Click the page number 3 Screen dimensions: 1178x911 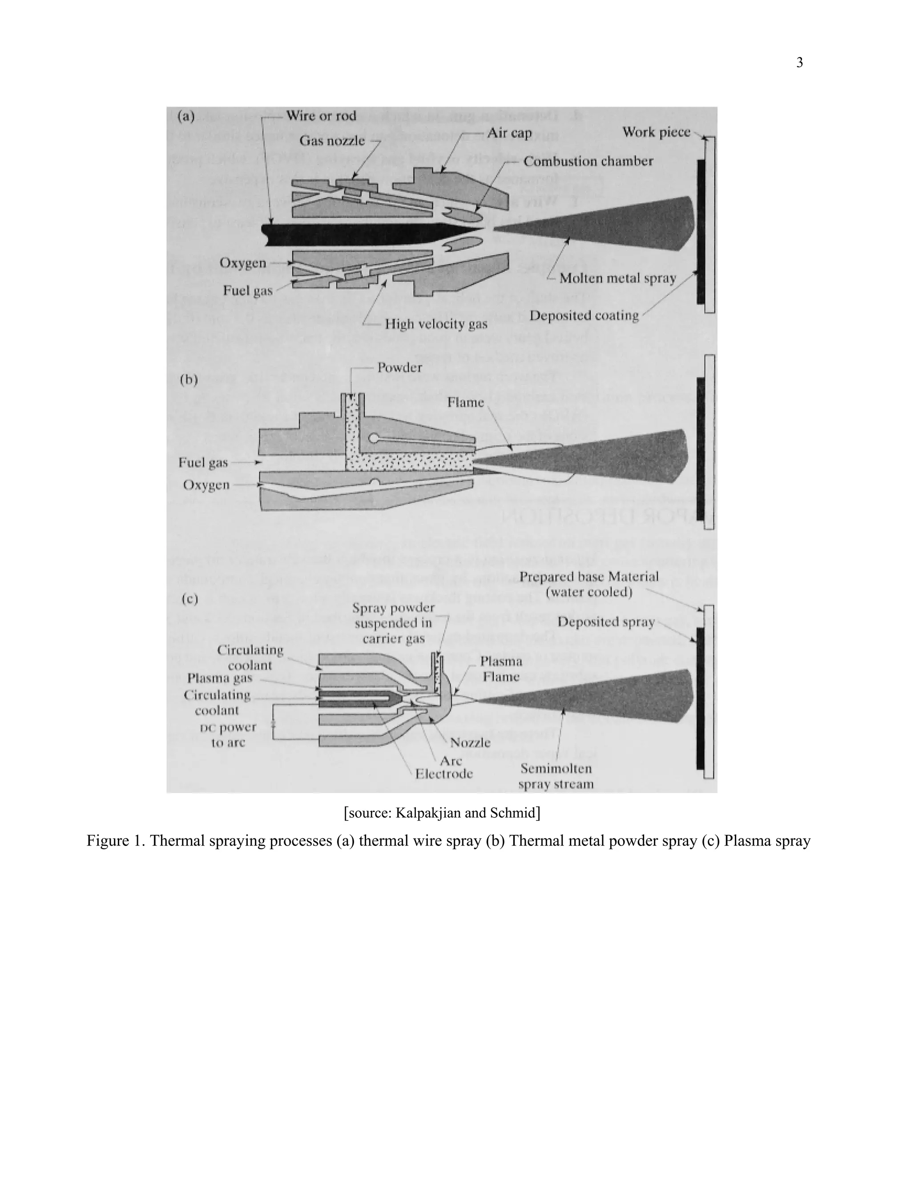point(799,63)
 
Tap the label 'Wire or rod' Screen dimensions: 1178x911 point(321,116)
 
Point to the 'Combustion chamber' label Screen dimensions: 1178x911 point(588,161)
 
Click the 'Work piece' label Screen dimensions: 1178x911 point(656,132)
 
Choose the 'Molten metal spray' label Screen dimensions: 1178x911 point(617,278)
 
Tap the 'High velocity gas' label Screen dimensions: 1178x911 point(435,324)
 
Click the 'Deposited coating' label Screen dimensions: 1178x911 point(584,315)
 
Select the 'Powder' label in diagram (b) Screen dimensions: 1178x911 point(399,367)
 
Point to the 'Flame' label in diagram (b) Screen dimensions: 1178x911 point(465,402)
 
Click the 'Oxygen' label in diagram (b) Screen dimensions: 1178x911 point(206,485)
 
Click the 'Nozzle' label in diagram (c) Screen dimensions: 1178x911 point(470,742)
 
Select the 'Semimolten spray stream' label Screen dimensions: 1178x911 point(556,776)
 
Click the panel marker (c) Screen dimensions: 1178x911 point(189,599)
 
